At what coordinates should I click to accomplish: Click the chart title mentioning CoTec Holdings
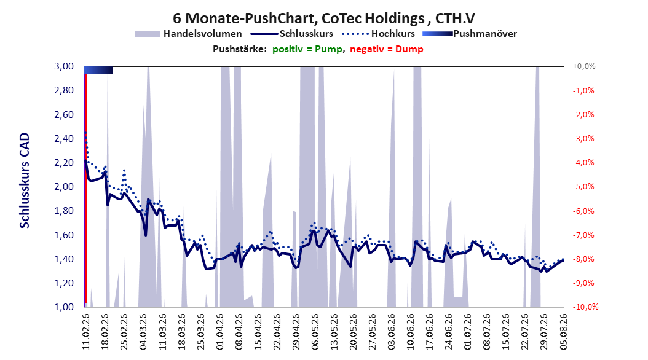coord(323,18)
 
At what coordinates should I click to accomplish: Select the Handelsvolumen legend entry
coord(189,34)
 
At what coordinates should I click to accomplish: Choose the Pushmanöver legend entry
coord(470,34)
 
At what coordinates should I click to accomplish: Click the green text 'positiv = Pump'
coord(307,49)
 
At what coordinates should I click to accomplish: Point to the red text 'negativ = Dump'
coord(387,49)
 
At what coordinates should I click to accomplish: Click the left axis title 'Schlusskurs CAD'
coord(25,181)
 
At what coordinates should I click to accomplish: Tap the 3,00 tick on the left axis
coord(64,66)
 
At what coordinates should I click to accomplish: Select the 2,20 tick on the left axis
coord(64,163)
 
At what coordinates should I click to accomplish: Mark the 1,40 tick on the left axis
coord(64,259)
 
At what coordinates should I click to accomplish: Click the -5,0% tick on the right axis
coord(583,187)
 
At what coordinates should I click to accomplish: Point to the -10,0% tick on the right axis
coord(585,307)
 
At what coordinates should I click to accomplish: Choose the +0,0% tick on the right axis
coord(584,66)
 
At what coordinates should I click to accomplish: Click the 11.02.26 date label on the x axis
coord(86,332)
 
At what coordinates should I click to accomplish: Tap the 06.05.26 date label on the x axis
coord(315,332)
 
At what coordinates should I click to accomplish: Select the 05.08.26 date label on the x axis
coord(563,332)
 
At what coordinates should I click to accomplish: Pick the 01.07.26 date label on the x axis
coord(468,332)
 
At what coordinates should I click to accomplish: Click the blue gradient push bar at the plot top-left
coord(98,70)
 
